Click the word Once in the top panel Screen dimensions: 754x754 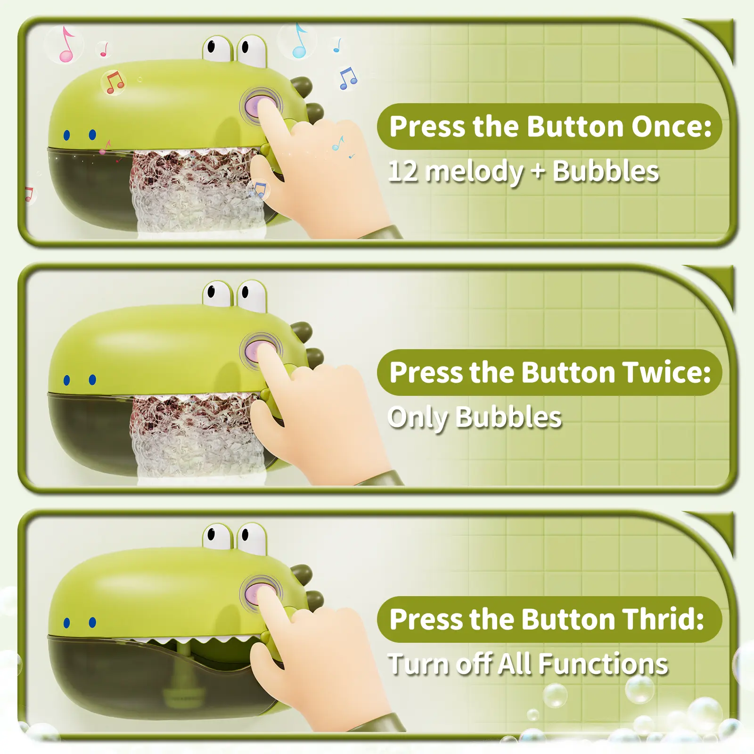point(671,127)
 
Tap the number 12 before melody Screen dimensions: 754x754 point(404,172)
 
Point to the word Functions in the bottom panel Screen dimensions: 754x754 point(603,664)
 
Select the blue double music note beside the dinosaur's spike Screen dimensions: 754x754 point(348,79)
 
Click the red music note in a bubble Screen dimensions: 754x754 point(114,82)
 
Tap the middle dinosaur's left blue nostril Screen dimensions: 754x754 point(67,380)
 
